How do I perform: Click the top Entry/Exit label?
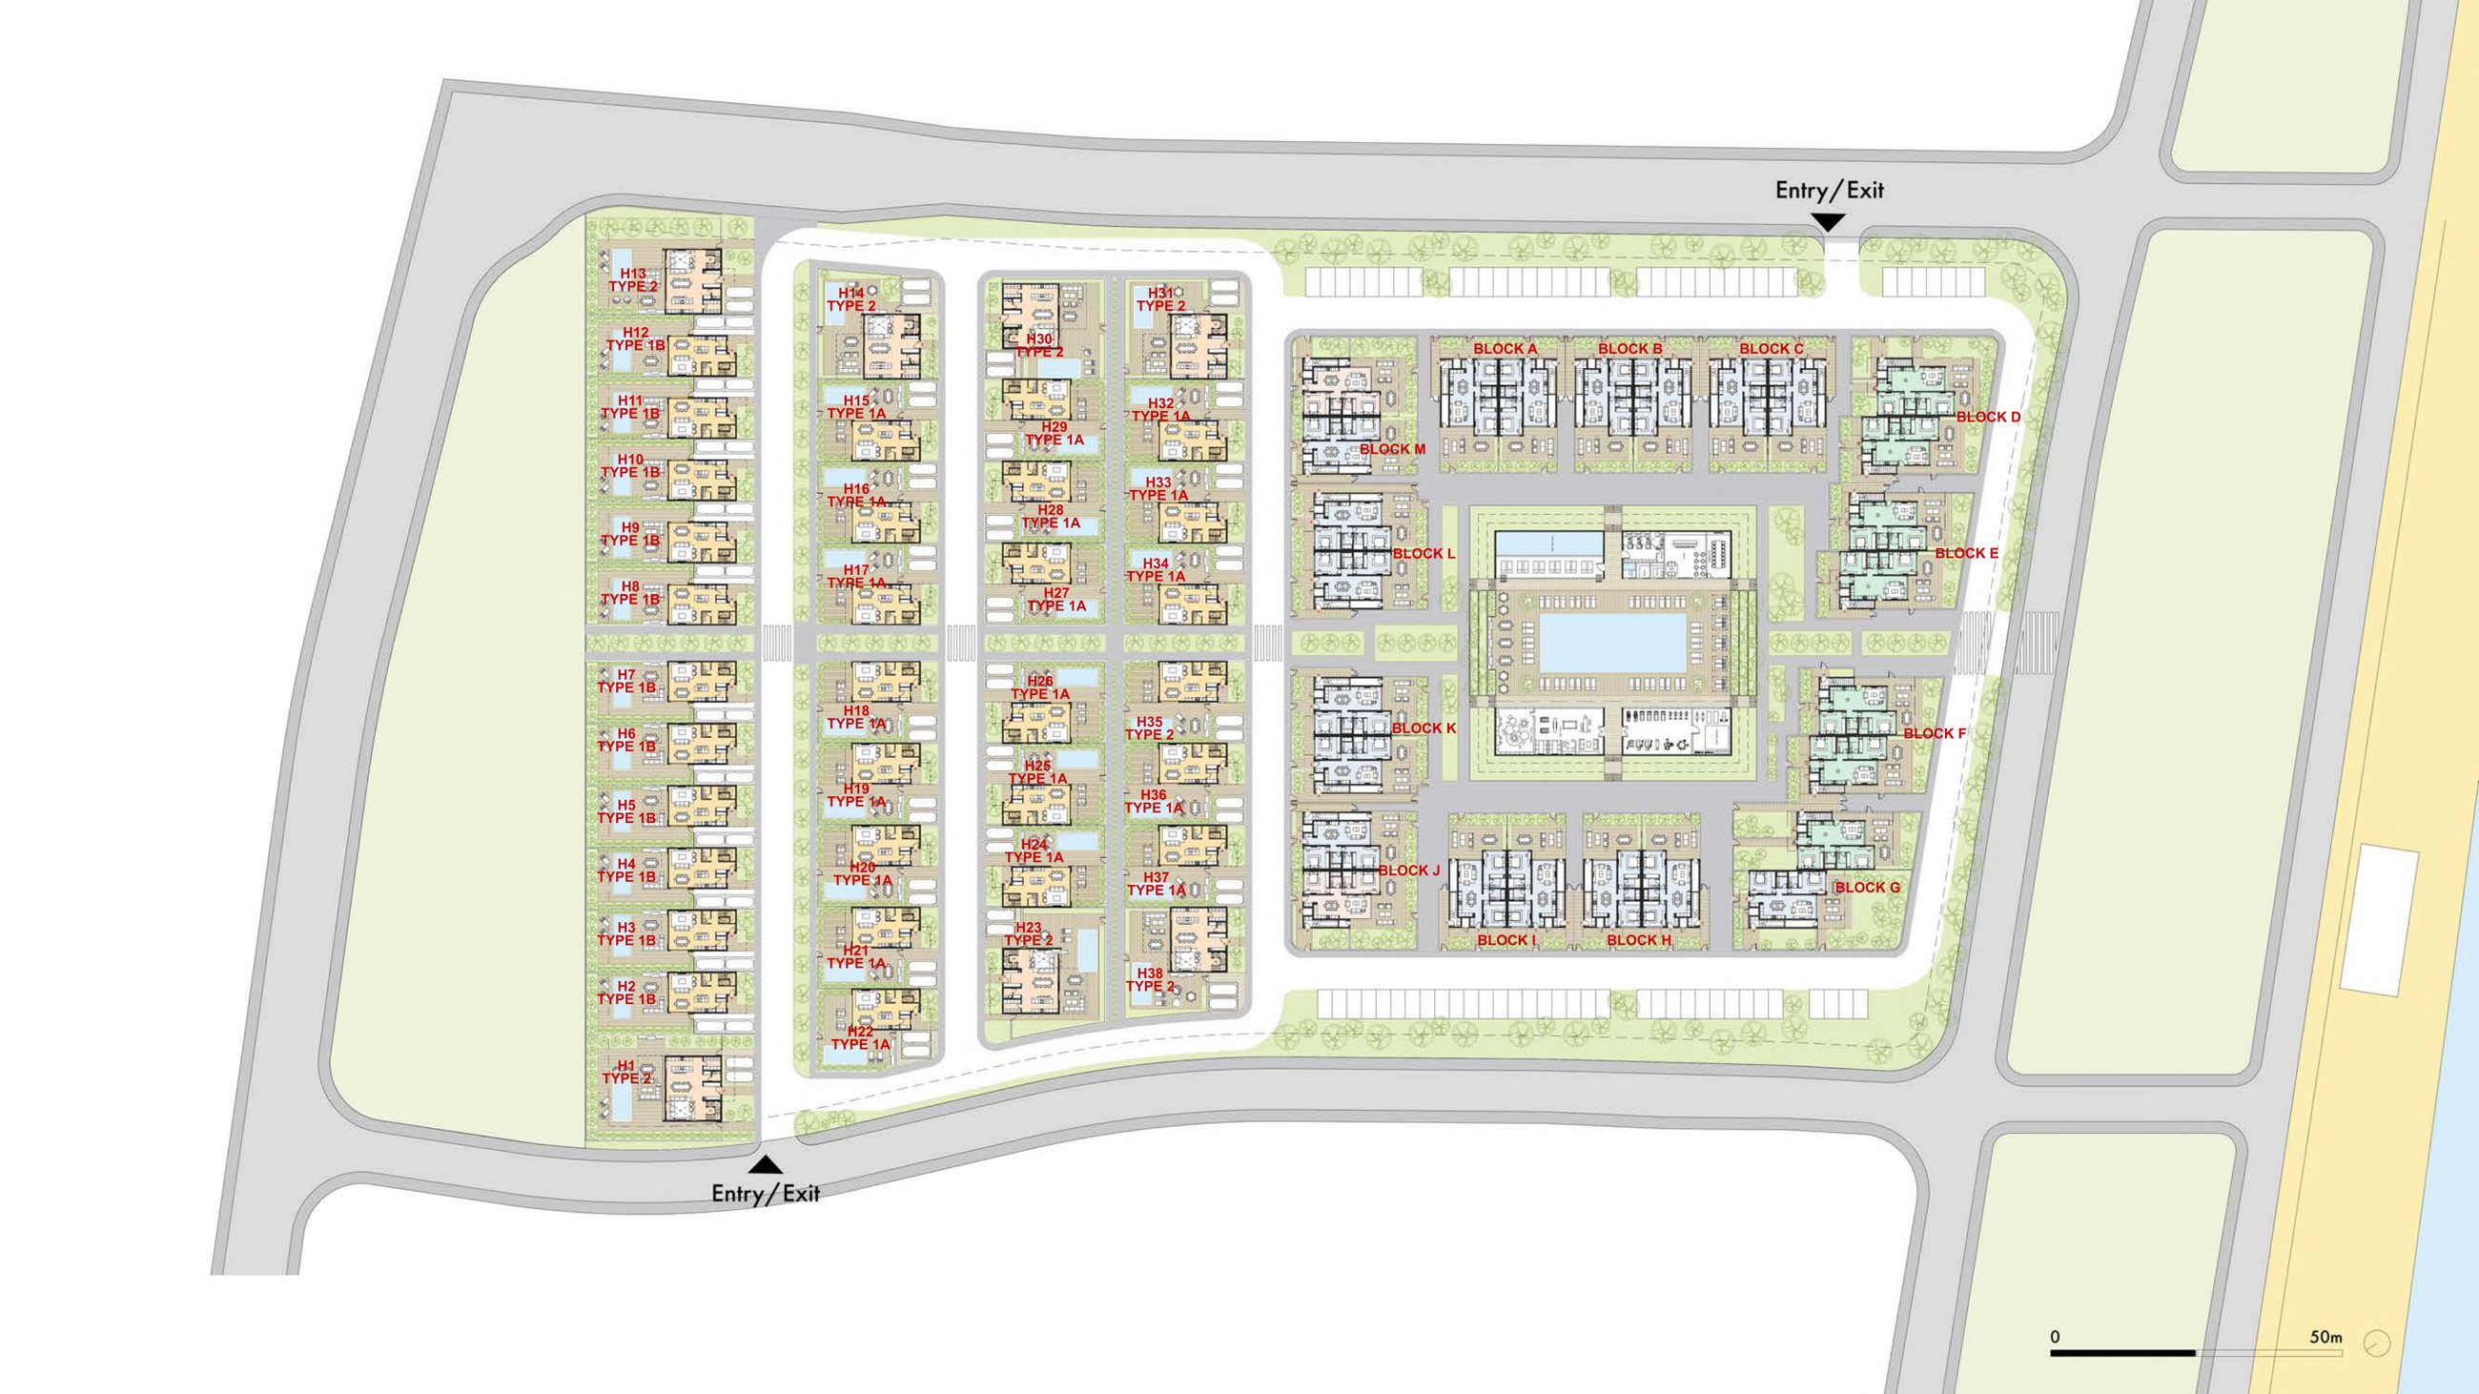tap(1830, 191)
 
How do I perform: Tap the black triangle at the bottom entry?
tap(765, 1165)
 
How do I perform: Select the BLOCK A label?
tap(1506, 348)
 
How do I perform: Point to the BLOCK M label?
tap(1392, 449)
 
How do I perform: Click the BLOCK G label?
tap(1867, 887)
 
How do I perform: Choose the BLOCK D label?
tap(1988, 418)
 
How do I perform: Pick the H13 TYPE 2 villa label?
tap(632, 280)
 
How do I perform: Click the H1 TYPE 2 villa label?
tap(626, 1072)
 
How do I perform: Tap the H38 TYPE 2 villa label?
tap(1150, 979)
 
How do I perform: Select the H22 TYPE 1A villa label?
tap(860, 1038)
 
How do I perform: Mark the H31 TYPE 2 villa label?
tap(1160, 299)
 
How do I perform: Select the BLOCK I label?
tap(1507, 940)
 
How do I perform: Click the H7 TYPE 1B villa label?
tap(626, 681)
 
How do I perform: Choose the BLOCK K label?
tap(1424, 728)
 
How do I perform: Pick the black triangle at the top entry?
tap(1829, 222)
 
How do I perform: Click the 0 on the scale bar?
tap(2055, 1337)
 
